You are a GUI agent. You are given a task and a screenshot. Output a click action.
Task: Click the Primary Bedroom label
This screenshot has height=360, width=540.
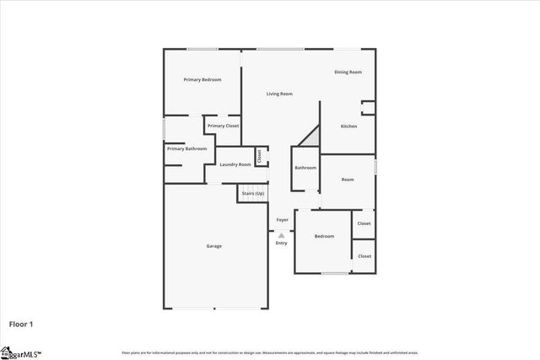click(x=202, y=79)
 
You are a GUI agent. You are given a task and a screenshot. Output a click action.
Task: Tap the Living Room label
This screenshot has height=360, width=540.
click(x=279, y=94)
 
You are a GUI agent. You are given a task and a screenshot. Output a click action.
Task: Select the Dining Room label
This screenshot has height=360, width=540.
click(x=348, y=73)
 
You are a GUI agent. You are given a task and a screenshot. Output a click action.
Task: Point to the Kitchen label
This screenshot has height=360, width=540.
click(x=348, y=126)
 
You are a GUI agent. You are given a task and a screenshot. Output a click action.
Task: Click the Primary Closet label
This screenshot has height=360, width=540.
click(x=224, y=126)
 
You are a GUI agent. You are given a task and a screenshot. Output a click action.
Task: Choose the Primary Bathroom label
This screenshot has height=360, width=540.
click(x=186, y=148)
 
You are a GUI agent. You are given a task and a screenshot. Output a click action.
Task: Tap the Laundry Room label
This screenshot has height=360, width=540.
click(x=235, y=164)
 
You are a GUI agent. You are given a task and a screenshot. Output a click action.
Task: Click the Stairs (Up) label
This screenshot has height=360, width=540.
click(x=253, y=194)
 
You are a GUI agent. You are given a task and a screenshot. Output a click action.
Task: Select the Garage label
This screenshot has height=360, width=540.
click(x=214, y=246)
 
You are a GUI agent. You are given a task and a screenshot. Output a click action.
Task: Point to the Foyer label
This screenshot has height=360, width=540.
click(x=282, y=220)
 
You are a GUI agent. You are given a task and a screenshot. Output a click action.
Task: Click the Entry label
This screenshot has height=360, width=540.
click(x=282, y=244)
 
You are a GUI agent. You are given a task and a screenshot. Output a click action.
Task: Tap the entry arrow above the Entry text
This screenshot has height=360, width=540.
click(x=282, y=235)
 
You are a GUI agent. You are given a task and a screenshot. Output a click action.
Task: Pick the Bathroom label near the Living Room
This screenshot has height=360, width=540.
click(x=305, y=168)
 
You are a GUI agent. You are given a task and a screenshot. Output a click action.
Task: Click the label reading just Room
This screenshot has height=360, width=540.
click(x=348, y=180)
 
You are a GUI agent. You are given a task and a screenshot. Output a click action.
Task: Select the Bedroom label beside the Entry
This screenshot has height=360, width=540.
click(x=325, y=237)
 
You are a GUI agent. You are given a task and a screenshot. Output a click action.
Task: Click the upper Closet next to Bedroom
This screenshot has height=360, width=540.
click(x=364, y=223)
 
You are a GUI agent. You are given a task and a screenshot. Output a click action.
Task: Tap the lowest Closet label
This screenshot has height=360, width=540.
click(x=364, y=255)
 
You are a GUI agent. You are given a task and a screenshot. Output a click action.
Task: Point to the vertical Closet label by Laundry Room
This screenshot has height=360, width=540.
click(x=261, y=156)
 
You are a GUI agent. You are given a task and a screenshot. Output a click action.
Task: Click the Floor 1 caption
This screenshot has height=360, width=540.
click(x=21, y=323)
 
